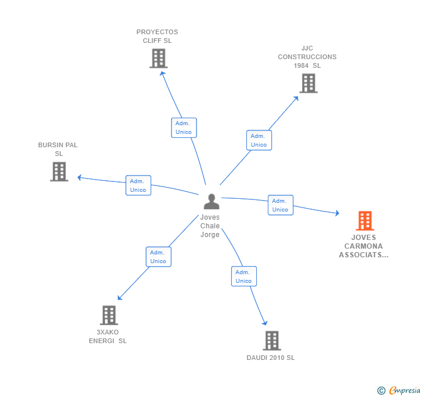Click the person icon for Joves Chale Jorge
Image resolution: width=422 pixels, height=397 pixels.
(x=212, y=202)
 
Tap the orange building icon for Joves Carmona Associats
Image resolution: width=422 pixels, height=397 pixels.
(x=365, y=221)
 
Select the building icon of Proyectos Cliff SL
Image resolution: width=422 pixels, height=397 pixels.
(x=158, y=59)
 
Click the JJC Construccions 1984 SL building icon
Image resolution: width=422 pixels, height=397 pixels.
(x=308, y=83)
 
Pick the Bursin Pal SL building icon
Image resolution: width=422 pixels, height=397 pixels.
(x=59, y=172)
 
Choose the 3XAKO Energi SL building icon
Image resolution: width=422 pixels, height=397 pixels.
(x=108, y=315)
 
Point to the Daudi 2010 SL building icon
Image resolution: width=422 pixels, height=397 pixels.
(x=271, y=341)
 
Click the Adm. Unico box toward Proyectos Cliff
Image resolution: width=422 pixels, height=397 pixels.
(x=184, y=128)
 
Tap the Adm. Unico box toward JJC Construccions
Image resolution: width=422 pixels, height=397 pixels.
(x=259, y=140)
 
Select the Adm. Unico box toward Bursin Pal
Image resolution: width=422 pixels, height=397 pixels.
(x=138, y=185)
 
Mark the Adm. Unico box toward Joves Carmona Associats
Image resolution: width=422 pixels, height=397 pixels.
(x=280, y=205)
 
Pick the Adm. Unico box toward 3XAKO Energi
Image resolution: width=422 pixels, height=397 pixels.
(x=158, y=257)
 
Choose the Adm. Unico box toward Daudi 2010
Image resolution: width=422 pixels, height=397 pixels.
(x=243, y=276)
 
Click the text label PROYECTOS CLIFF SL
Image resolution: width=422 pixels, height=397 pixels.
(x=157, y=37)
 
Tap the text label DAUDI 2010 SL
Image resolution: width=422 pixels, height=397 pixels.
(x=270, y=358)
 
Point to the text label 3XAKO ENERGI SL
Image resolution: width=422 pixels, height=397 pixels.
(x=107, y=337)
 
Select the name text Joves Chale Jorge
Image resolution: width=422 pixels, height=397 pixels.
(x=210, y=226)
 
